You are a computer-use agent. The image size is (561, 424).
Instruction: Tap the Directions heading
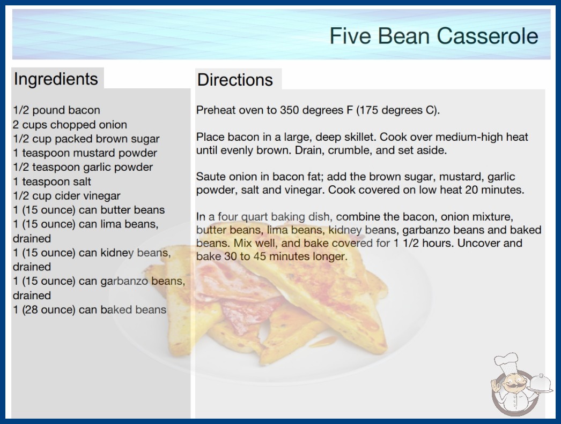235,80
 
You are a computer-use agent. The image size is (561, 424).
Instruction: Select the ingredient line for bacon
56,110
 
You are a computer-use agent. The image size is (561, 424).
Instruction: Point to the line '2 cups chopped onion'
70,125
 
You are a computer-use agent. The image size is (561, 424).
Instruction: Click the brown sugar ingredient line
86,139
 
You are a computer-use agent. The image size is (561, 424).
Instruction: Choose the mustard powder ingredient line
85,153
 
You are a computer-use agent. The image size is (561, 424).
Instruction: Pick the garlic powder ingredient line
83,168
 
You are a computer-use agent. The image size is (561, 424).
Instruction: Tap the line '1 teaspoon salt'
52,181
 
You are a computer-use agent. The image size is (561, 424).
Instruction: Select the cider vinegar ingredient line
67,196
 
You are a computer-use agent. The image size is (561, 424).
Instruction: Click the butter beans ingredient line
88,210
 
